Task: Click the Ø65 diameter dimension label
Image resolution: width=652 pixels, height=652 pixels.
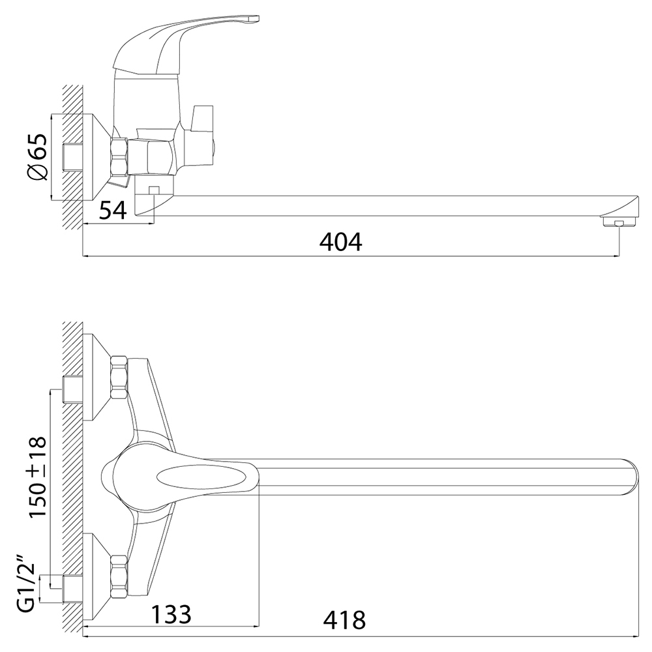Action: (x=37, y=157)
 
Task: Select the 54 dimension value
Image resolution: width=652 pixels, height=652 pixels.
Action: (x=113, y=211)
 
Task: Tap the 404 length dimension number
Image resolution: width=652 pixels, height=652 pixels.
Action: (x=340, y=242)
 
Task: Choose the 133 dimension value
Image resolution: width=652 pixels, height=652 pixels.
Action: (x=171, y=614)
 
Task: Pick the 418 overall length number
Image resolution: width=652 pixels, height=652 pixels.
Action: (x=344, y=621)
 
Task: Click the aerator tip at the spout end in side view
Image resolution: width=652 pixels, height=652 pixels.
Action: (x=618, y=221)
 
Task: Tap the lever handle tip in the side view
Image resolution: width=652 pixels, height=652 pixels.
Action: (x=251, y=20)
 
